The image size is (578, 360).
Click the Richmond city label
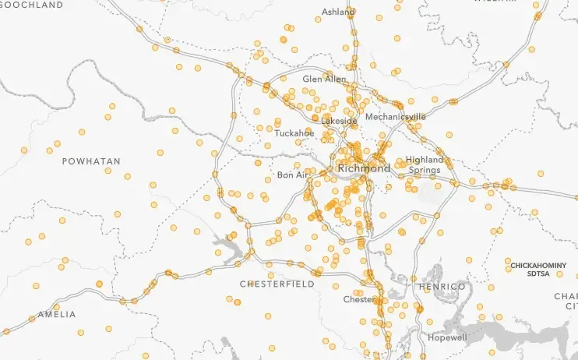(364, 168)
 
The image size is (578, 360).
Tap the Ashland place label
(339, 12)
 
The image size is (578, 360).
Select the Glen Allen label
(324, 79)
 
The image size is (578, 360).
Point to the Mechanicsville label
(395, 117)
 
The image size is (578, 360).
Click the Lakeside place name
(339, 122)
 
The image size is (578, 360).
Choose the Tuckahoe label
(294, 133)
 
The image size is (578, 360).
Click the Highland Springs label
(425, 164)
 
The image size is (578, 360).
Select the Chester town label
(358, 300)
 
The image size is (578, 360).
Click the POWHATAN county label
(91, 161)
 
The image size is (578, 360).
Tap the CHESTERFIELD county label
(277, 284)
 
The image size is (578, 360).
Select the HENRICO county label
(441, 288)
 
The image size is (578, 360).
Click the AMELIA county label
(57, 315)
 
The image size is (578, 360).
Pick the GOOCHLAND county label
(31, 5)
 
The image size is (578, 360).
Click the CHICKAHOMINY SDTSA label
(537, 270)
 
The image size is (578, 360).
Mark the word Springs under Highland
(425, 170)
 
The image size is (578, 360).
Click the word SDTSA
(537, 274)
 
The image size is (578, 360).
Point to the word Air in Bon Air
(301, 175)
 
